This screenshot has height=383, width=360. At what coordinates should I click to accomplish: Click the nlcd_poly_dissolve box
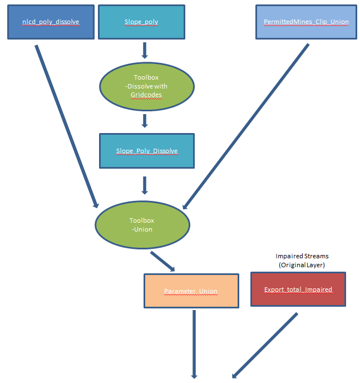pyautogui.click(x=51, y=22)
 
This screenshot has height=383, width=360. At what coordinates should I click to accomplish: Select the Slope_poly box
pyautogui.click(x=141, y=22)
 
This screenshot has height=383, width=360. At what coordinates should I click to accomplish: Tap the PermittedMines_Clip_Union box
pyautogui.click(x=305, y=22)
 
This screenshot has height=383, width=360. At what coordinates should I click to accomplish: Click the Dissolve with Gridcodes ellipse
pyautogui.click(x=146, y=86)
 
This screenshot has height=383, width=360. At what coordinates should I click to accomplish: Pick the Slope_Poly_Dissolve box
pyautogui.click(x=147, y=151)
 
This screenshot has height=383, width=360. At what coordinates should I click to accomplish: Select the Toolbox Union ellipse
pyautogui.click(x=142, y=225)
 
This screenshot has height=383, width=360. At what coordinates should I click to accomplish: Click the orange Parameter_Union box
pyautogui.click(x=191, y=291)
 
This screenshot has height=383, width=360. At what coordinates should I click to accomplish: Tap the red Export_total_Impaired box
pyautogui.click(x=298, y=289)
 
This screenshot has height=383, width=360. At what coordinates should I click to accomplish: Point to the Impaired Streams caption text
pyautogui.click(x=302, y=256)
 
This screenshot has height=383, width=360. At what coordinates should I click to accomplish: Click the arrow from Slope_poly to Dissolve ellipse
pyautogui.click(x=145, y=50)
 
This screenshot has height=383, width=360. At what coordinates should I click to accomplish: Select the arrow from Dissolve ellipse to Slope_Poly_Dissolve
pyautogui.click(x=145, y=121)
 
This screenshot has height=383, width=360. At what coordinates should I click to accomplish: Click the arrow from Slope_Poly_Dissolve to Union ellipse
pyautogui.click(x=145, y=185)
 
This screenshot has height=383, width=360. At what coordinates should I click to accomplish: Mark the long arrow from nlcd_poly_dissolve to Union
pyautogui.click(x=67, y=125)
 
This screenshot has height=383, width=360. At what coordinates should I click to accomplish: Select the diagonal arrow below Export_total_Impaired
pyautogui.click(x=265, y=345)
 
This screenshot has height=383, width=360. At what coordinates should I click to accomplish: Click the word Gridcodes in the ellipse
pyautogui.click(x=146, y=95)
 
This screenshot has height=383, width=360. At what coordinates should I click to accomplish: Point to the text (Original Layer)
pyautogui.click(x=302, y=265)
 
